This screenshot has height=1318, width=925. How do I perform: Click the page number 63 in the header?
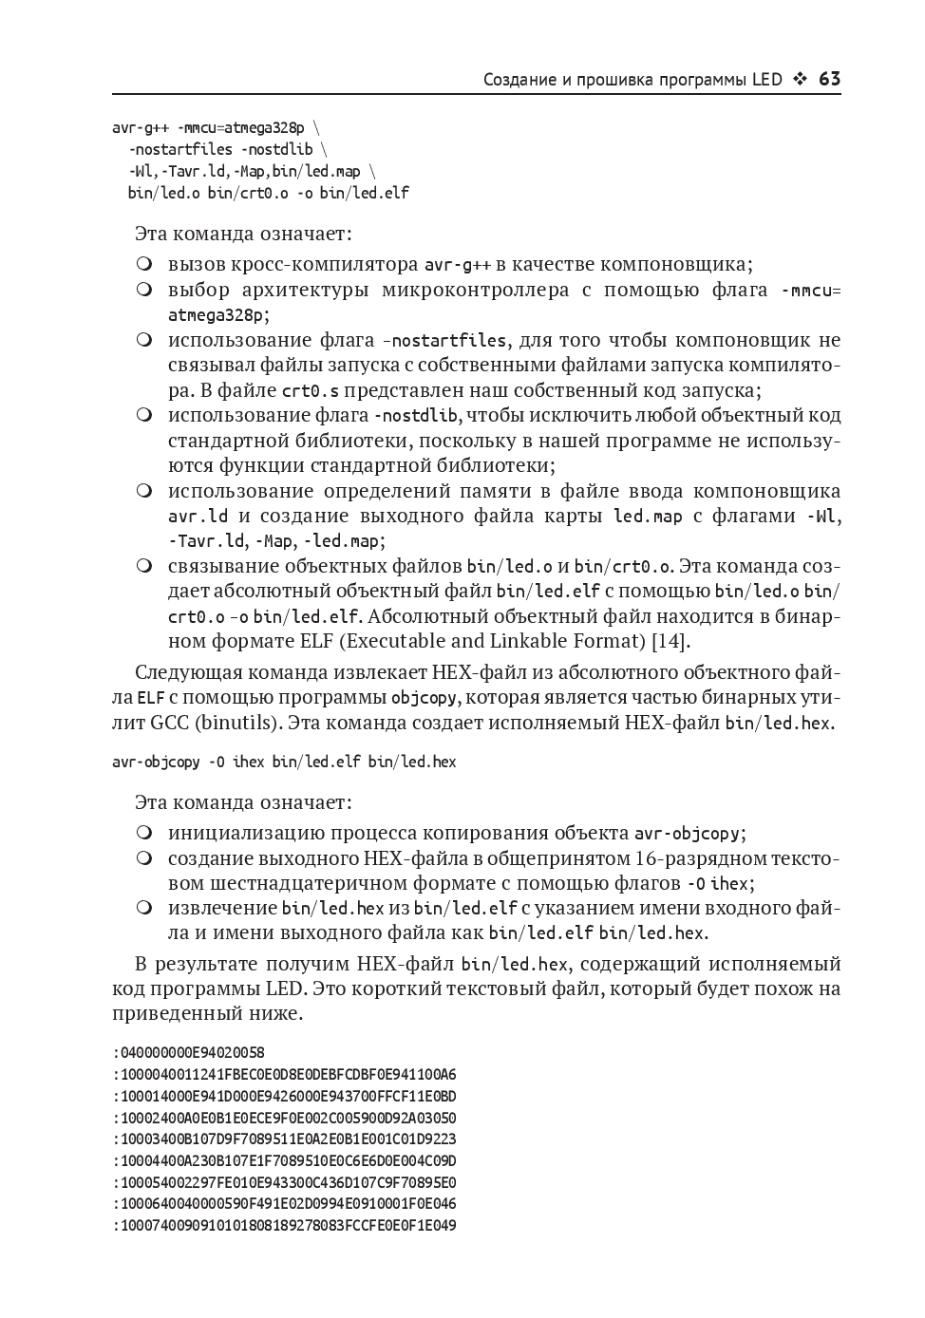(x=829, y=79)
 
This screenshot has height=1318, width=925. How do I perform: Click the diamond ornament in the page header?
(x=800, y=79)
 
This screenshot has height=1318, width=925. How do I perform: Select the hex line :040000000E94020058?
(x=188, y=1052)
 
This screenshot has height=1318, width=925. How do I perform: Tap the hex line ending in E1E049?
(x=284, y=1225)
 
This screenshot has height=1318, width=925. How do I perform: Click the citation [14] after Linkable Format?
(x=670, y=640)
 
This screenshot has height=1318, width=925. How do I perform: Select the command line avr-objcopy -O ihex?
(x=284, y=762)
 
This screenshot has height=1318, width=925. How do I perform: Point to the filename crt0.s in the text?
(x=309, y=390)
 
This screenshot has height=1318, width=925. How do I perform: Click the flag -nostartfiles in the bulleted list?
(x=444, y=340)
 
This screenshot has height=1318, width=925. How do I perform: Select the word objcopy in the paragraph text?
(x=425, y=697)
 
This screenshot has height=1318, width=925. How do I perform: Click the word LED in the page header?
(x=765, y=79)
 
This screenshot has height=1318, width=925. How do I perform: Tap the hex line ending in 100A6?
(x=284, y=1074)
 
